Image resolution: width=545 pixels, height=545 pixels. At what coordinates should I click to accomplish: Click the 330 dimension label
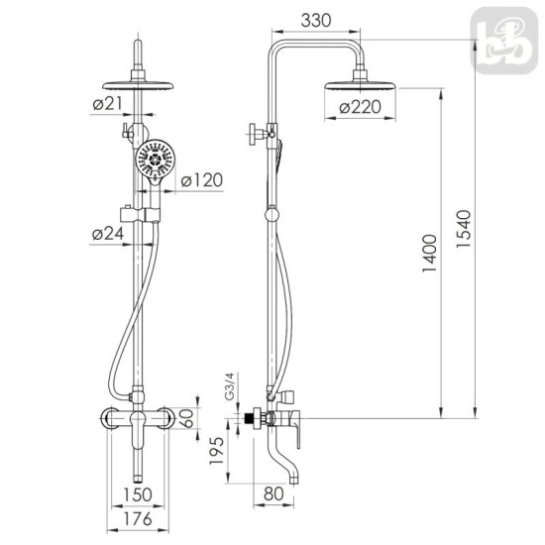(315, 20)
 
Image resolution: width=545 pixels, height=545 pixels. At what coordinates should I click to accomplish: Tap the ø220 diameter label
(360, 107)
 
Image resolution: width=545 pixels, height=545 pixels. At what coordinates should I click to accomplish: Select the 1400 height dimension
(430, 253)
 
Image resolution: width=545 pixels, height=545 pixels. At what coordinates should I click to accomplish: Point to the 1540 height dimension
(464, 228)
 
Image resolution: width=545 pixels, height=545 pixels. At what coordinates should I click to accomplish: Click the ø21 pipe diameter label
(108, 104)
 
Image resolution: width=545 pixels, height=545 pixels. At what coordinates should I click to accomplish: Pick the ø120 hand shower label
(202, 180)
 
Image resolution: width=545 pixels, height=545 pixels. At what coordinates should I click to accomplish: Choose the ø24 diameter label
(108, 234)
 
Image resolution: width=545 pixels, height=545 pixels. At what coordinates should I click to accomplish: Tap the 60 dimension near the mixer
(186, 418)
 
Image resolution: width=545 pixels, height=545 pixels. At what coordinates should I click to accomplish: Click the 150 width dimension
(138, 494)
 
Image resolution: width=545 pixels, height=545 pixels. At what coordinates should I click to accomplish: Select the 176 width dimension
(138, 519)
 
